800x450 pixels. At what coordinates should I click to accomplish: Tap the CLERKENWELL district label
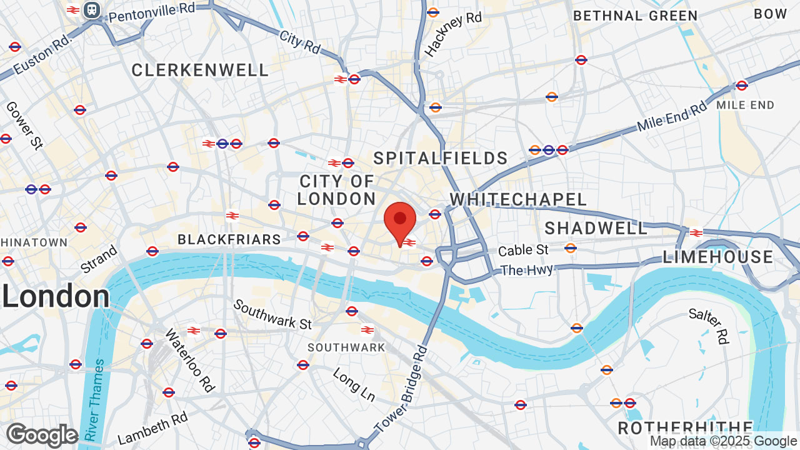pos(200,71)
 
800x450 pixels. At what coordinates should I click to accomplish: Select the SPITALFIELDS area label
pos(441,158)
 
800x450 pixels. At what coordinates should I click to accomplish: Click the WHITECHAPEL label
pos(518,199)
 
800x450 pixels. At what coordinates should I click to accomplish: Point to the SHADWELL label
pos(596,228)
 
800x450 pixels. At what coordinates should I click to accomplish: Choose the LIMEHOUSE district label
pos(718,257)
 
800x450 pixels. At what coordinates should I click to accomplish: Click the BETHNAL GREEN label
pos(635,16)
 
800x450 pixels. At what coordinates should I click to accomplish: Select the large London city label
pos(56,296)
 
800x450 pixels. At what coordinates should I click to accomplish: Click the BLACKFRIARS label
pos(229,239)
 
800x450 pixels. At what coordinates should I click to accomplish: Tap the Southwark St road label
pos(272,314)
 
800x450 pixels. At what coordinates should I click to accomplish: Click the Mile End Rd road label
pos(672,117)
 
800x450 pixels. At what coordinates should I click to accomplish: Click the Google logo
pos(42,435)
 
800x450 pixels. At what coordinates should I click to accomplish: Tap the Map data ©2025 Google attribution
pos(723,441)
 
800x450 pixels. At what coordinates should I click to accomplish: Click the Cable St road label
pos(523,250)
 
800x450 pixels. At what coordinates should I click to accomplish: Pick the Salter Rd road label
pos(709,326)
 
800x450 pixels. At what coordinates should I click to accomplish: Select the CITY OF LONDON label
pos(336,190)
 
